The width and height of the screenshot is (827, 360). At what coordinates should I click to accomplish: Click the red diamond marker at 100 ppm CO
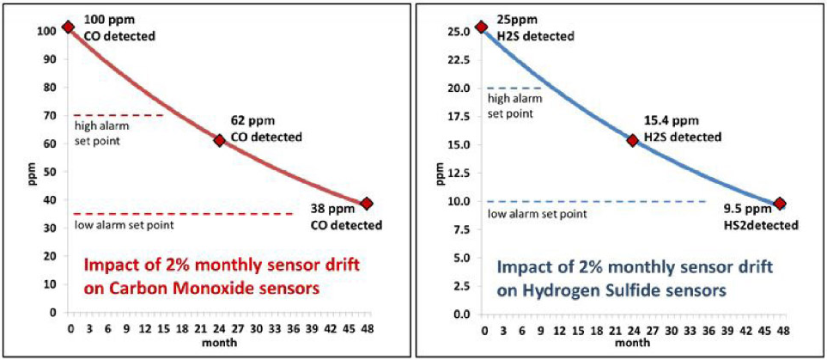(x=69, y=27)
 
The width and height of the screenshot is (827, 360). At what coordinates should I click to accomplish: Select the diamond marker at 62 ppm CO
(x=219, y=139)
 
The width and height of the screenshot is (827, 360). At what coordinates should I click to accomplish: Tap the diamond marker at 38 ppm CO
(x=367, y=204)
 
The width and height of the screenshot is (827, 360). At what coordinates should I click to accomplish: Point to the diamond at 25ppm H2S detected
(x=482, y=27)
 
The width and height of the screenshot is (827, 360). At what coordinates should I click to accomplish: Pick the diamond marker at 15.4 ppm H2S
(x=632, y=140)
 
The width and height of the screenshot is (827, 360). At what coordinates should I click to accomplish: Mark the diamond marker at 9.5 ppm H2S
(x=780, y=204)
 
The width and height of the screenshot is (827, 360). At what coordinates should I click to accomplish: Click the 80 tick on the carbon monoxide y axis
(x=52, y=87)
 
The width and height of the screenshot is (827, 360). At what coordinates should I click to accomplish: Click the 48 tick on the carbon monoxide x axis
(x=368, y=329)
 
